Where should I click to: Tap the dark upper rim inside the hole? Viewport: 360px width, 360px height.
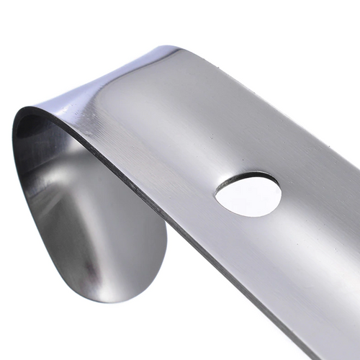tap(248, 176)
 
